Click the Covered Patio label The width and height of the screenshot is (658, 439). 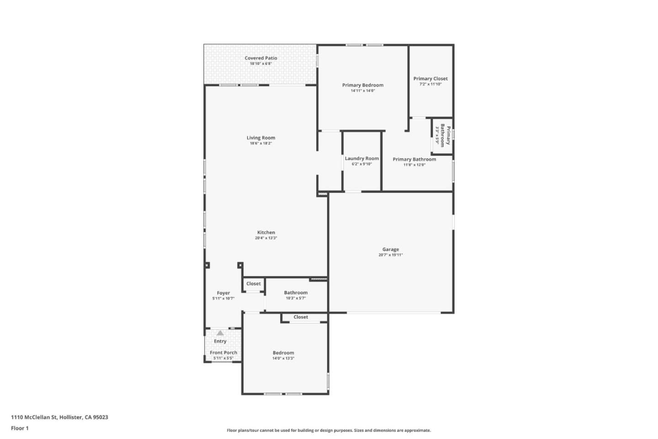[x=260, y=58]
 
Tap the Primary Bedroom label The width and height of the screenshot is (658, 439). [x=362, y=85]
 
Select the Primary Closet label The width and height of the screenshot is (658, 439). [x=430, y=79]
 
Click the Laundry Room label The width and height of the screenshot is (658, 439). [x=361, y=158]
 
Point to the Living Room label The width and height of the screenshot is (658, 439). [x=260, y=138]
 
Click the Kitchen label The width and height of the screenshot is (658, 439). [x=266, y=233]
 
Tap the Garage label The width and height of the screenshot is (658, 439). [x=390, y=249]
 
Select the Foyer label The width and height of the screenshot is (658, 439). [x=223, y=293]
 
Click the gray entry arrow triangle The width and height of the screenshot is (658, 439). [x=220, y=333]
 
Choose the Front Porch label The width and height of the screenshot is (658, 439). [x=223, y=352]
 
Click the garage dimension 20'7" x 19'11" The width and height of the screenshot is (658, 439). [x=390, y=255]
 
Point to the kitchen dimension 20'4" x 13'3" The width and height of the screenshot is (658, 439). [x=266, y=238]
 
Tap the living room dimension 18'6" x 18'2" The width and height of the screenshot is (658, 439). [x=260, y=143]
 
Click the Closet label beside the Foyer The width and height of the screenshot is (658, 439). [x=254, y=284]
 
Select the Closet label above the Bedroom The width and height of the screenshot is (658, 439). [x=301, y=317]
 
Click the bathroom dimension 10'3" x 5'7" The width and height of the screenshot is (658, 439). [x=296, y=298]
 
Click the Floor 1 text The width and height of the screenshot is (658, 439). [x=20, y=428]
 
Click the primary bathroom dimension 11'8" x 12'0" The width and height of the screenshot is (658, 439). [x=414, y=165]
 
